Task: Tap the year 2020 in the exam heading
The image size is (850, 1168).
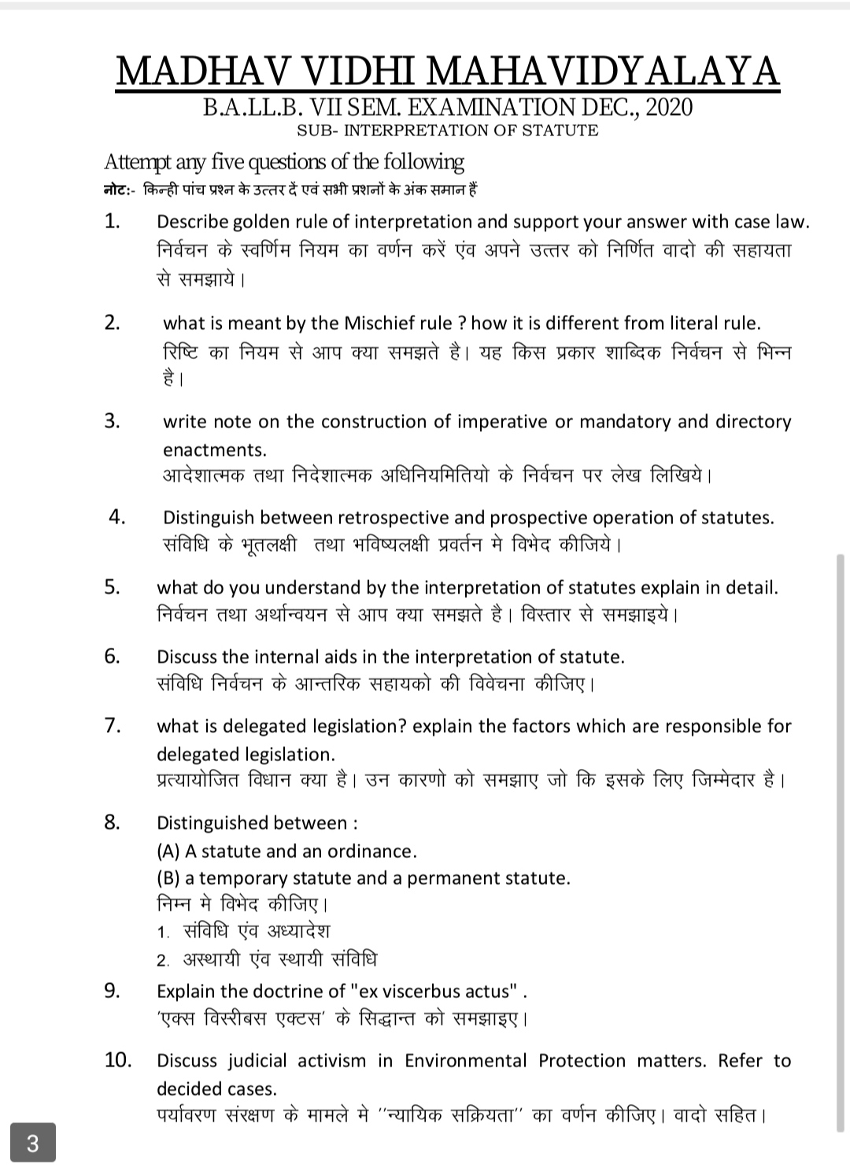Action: coord(668,107)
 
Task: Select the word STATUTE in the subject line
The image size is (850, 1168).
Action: coord(564,131)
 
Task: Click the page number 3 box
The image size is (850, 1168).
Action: coord(32,1143)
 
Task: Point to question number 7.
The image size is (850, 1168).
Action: coord(113,725)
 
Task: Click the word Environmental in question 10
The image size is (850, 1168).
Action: coord(466,1061)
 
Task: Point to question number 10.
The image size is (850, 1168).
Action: coord(117,1060)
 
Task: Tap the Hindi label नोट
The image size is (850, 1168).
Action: coord(116,190)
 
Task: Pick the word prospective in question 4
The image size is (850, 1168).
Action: coord(538,518)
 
